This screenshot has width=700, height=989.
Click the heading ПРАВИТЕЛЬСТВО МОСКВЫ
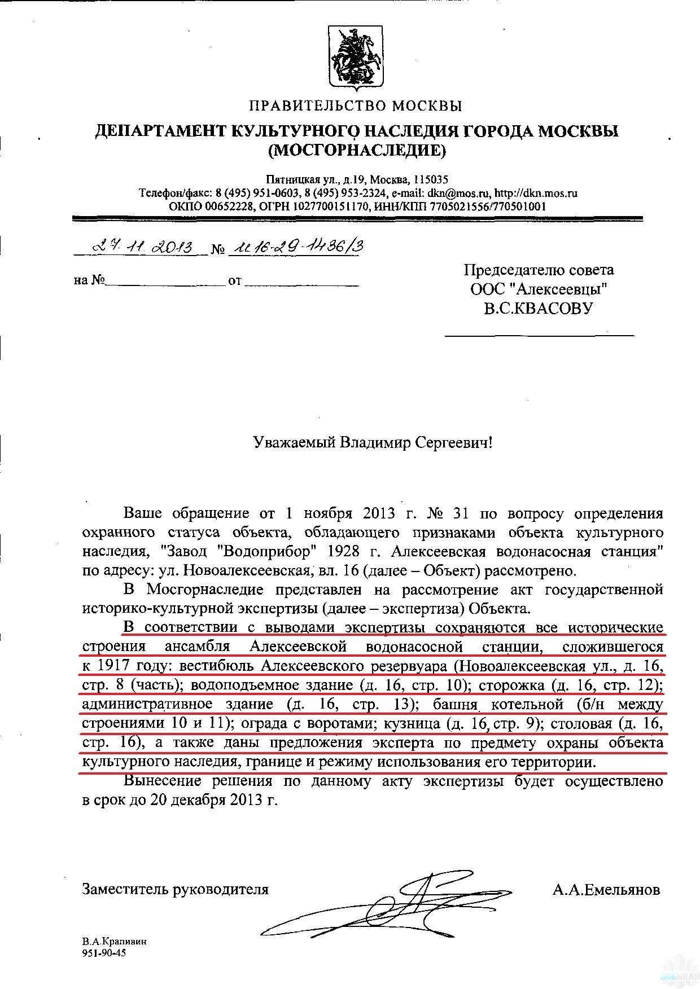pos(356,106)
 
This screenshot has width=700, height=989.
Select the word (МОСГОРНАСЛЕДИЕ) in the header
pos(356,151)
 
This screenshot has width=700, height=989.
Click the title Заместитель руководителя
pos(175,890)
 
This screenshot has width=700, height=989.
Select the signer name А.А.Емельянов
pos(606,890)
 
